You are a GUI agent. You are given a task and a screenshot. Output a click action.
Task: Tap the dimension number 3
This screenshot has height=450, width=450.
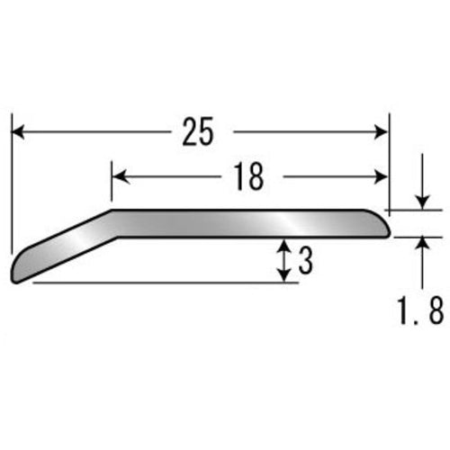pos(305,261)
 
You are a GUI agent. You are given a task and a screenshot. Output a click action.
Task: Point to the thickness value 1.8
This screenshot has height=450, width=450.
pos(419,311)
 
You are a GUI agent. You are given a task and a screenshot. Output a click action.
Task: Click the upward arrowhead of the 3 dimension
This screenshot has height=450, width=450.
pos(285,246)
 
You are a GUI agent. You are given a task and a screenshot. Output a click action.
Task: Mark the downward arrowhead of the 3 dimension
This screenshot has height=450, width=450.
pos(285,274)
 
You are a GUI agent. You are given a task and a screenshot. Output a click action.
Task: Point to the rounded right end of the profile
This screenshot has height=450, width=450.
pos(386,225)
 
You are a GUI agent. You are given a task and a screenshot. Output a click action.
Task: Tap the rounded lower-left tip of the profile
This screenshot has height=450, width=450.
pos(16,274)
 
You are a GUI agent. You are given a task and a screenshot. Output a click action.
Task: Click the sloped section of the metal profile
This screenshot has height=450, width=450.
pos(63,247)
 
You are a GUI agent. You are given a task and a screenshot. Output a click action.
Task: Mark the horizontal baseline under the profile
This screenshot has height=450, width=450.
pos(162,283)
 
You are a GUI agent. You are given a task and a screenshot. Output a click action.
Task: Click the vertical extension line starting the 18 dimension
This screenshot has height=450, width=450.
pos(112,180)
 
